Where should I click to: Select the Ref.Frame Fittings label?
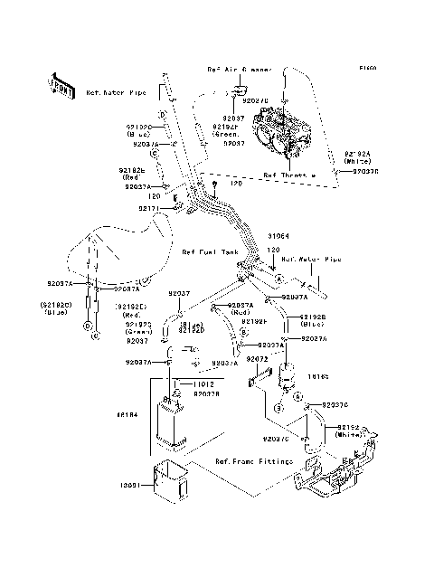tap(253, 461)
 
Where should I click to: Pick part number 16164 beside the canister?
tap(126, 415)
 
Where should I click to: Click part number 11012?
tap(206, 383)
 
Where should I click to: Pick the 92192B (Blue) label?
tap(313, 319)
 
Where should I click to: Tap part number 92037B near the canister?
tap(207, 393)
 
